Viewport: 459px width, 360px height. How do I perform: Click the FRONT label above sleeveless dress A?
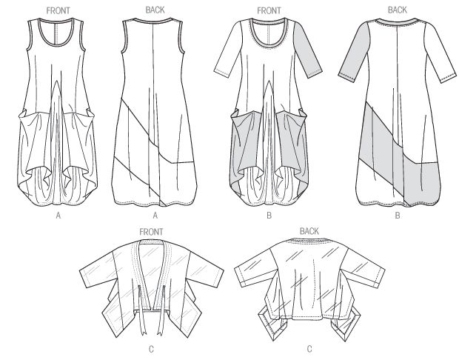pos(58,10)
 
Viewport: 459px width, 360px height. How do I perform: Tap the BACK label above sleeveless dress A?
pos(155,10)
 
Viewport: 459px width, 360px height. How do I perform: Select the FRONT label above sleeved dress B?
pos(269,11)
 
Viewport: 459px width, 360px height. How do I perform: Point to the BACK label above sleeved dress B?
pos(398,10)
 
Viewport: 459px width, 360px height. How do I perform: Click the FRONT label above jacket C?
pos(151,232)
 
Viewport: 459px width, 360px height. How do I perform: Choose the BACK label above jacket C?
pos(309,231)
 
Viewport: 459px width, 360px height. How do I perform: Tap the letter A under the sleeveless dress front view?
pos(58,216)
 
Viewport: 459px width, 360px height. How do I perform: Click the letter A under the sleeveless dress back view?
pos(155,216)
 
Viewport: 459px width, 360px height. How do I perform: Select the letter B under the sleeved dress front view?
pos(269,216)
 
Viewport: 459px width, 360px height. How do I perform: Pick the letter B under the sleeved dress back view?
pos(398,216)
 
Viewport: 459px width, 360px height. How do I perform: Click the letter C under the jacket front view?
pos(151,349)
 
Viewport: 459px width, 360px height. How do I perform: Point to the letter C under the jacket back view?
pos(309,349)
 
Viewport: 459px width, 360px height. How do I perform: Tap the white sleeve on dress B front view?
pos(228,54)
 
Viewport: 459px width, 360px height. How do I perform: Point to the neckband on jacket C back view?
pos(309,241)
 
